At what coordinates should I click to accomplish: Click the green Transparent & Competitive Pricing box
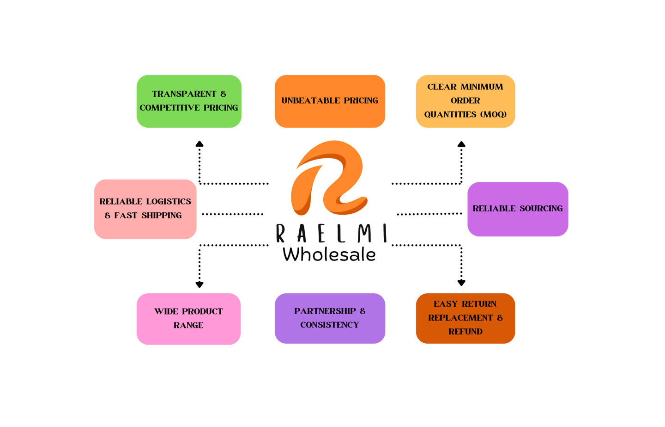189,101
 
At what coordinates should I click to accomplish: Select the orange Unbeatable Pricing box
330,101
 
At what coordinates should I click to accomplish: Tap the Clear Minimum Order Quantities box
465,101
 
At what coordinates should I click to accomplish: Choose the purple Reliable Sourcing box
518,209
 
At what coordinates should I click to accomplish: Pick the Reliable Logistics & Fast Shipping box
145,209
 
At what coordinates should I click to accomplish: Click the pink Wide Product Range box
188,318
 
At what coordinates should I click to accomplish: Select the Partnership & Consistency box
330,318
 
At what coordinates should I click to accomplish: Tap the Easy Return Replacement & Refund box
465,318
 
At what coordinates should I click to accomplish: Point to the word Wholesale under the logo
329,254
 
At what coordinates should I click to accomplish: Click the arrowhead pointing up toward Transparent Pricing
199,144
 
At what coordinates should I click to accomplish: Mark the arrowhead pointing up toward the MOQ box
461,144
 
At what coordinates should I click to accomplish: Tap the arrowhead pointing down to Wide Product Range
199,284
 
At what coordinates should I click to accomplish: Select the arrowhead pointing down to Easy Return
461,282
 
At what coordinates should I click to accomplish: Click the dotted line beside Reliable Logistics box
232,214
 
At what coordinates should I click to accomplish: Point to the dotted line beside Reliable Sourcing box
429,214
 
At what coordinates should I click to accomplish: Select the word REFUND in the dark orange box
465,332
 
